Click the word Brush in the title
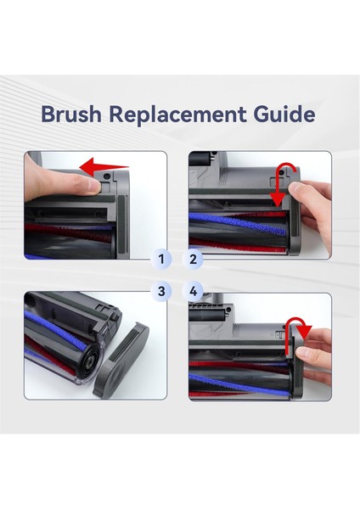click(71, 114)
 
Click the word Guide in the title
click(284, 114)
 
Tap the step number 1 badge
click(161, 259)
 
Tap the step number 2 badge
click(193, 259)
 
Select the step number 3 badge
click(161, 291)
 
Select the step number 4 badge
click(193, 291)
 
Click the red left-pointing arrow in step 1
click(104, 167)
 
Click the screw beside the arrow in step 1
click(106, 176)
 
